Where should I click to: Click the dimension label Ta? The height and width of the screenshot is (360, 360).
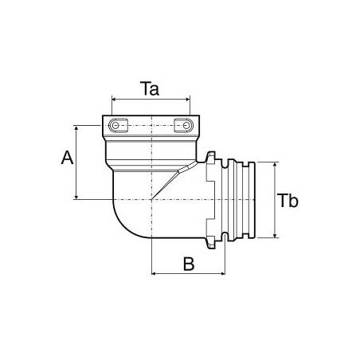click(x=151, y=89)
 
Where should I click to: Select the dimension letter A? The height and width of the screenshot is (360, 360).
click(x=68, y=158)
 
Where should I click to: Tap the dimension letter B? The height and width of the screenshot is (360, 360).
click(x=189, y=264)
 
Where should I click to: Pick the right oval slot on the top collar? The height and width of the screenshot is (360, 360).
click(x=182, y=127)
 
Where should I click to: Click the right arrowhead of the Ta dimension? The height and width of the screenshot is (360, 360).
click(x=188, y=100)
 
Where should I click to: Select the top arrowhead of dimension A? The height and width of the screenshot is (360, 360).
click(x=76, y=127)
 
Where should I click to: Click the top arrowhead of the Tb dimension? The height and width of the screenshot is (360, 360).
click(x=274, y=164)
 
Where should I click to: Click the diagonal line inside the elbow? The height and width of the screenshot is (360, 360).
click(x=169, y=182)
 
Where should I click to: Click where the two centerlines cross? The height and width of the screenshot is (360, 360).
click(x=151, y=199)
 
